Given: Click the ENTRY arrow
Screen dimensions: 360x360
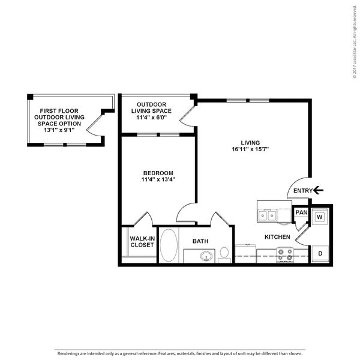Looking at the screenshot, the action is [318, 190].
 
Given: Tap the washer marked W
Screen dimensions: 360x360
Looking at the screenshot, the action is [320, 217].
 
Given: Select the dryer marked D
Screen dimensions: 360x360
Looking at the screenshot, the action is [320, 254].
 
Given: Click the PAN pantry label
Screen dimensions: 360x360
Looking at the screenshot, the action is [301, 212].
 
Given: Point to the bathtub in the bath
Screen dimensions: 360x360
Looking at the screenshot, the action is [169, 245].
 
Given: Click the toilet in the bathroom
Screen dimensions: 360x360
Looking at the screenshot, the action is [224, 255].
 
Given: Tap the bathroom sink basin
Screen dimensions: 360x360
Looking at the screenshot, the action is [206, 256].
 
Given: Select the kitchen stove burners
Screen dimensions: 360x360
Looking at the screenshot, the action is [285, 255].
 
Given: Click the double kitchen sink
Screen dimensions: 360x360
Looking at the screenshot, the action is [267, 215].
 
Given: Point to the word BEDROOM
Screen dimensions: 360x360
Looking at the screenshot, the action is [158, 173].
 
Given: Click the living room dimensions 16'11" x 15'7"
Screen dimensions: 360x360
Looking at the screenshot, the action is [250, 149].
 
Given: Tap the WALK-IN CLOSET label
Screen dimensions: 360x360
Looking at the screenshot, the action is [142, 242].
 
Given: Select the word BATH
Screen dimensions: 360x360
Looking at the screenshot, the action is [200, 241].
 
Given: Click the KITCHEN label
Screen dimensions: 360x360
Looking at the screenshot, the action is [277, 237].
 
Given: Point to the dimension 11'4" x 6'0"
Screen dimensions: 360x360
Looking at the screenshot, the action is [151, 118].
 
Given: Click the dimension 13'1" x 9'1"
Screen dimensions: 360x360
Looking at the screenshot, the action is [59, 130].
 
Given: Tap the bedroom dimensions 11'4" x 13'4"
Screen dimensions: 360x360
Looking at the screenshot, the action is [158, 179].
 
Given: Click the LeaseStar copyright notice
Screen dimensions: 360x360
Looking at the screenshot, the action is [355, 42].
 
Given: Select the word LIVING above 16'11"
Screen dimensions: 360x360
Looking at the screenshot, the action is [250, 143].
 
